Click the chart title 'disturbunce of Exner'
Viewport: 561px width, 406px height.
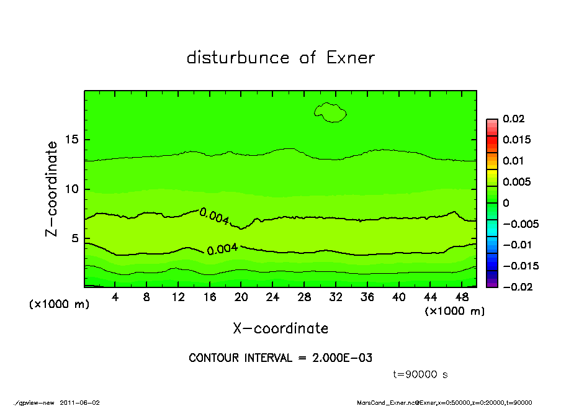click(280, 58)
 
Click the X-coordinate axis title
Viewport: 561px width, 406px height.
click(280, 328)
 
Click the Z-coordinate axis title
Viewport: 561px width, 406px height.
click(52, 189)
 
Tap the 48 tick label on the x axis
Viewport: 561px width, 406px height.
click(462, 297)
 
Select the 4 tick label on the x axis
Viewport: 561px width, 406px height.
click(115, 297)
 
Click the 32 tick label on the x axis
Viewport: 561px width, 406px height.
click(336, 297)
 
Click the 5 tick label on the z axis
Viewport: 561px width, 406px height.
click(76, 238)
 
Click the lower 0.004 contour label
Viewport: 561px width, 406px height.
click(222, 250)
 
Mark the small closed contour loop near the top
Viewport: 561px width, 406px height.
click(330, 112)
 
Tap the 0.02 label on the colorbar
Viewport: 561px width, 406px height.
click(514, 119)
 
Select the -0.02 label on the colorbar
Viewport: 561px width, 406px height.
click(516, 286)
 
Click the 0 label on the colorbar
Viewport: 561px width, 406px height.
click(506, 203)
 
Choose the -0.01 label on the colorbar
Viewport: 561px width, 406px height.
click(516, 245)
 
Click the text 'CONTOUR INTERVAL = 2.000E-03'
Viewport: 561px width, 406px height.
click(280, 358)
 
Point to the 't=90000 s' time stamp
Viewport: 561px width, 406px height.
click(421, 374)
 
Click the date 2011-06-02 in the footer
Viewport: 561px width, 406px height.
click(80, 402)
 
